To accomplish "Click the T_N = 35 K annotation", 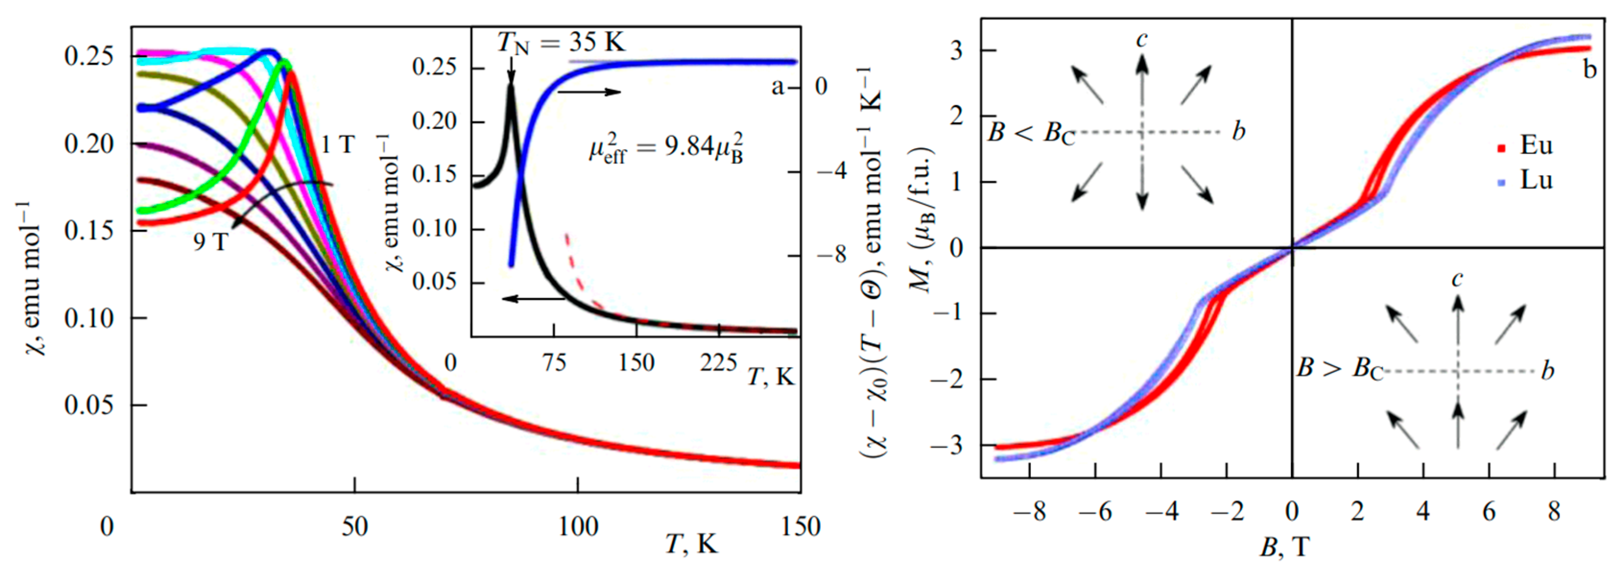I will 561,43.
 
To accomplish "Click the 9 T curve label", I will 210,241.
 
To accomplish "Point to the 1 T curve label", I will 338,145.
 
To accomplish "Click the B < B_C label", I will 1031,133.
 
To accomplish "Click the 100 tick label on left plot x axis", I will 578,526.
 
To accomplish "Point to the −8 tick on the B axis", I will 1030,512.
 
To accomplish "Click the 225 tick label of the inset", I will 719,363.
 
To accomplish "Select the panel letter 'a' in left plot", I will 778,87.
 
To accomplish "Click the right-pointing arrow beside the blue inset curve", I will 589,93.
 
